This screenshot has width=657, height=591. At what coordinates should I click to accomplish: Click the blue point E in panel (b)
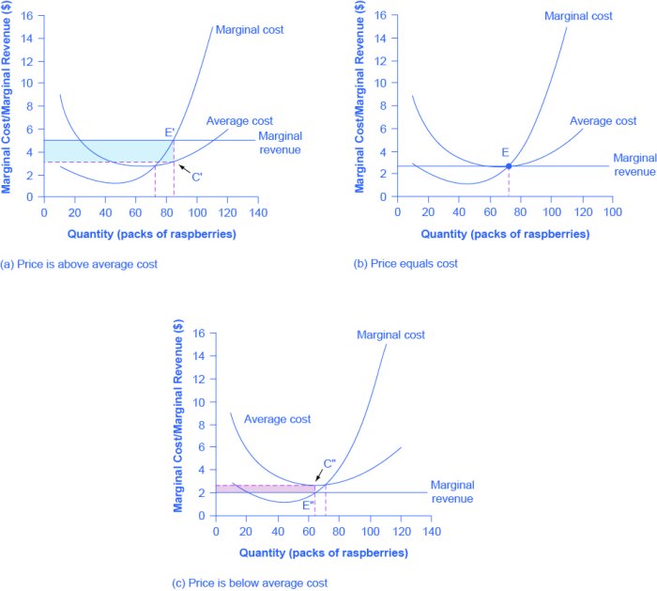(508, 166)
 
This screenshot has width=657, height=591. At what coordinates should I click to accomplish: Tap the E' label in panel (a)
(170, 132)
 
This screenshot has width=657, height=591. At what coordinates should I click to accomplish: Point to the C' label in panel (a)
(197, 177)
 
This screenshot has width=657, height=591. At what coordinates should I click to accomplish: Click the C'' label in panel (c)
(329, 463)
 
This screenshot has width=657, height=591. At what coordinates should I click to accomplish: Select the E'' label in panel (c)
(308, 505)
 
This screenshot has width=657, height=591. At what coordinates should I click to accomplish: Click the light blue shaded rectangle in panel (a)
(103, 150)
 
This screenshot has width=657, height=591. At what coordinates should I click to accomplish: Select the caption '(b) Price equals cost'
(405, 264)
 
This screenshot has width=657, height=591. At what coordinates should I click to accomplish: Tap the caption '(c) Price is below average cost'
(247, 583)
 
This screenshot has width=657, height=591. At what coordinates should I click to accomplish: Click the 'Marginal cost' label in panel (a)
(250, 30)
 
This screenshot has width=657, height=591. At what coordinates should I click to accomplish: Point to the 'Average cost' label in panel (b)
(604, 121)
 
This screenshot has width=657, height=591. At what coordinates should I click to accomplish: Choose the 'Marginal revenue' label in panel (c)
(452, 491)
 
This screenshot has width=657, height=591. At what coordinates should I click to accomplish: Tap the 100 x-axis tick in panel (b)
(611, 213)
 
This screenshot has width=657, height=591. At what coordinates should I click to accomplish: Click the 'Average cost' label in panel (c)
(278, 419)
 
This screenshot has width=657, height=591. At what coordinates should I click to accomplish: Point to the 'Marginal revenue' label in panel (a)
(280, 143)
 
